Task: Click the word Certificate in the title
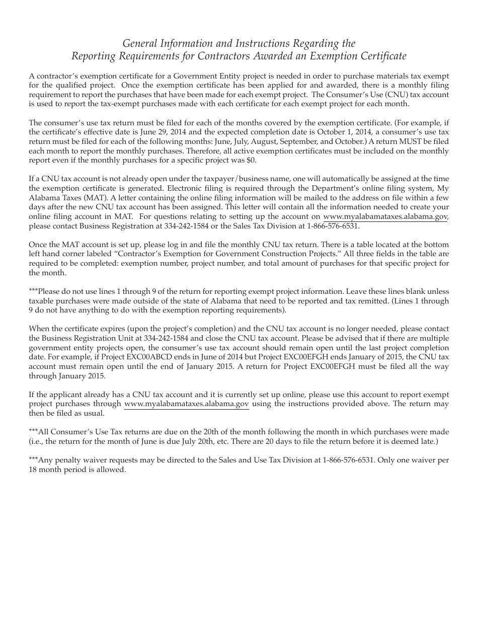coord(383,56)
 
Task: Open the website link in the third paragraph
coord(385,216)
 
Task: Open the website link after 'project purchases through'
coord(186,404)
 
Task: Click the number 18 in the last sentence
coord(33,470)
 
